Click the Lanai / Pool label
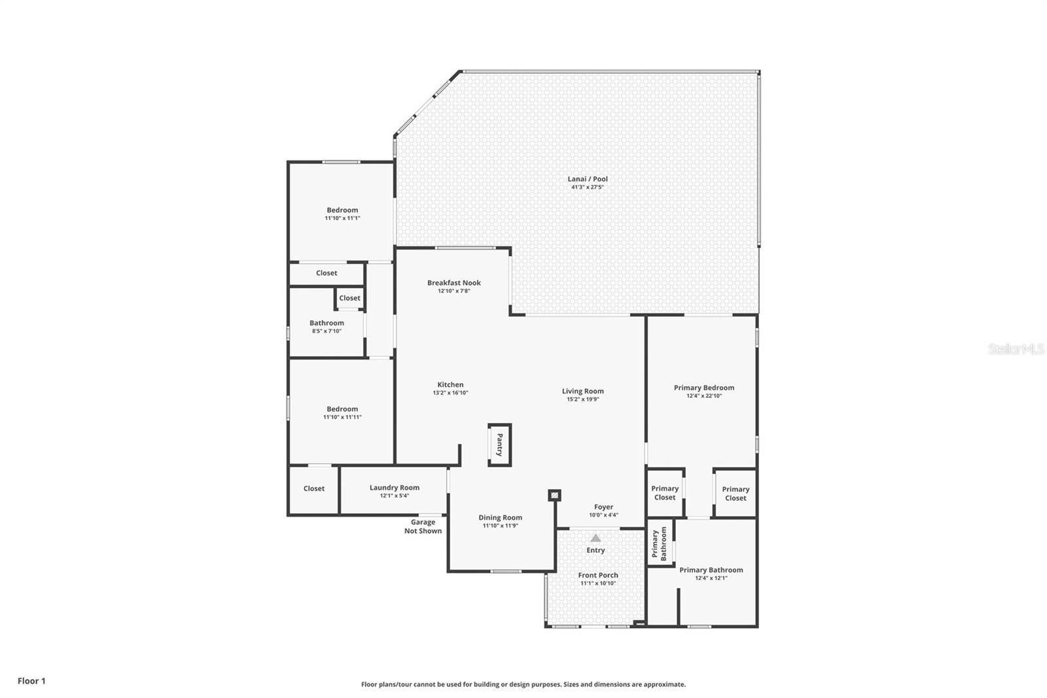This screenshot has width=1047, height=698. pyautogui.click(x=587, y=179)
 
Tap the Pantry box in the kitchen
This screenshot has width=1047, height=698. pyautogui.click(x=499, y=445)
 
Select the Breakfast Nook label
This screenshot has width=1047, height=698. pyautogui.click(x=453, y=283)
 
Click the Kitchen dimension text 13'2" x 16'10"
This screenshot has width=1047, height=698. pyautogui.click(x=450, y=393)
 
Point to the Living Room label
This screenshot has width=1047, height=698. pyautogui.click(x=582, y=391)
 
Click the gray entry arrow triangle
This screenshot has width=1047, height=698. pyautogui.click(x=595, y=538)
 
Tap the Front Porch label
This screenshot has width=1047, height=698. pyautogui.click(x=597, y=575)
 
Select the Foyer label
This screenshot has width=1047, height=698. pyautogui.click(x=603, y=507)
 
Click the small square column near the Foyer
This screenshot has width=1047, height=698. pyautogui.click(x=554, y=495)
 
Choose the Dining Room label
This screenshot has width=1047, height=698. pyautogui.click(x=500, y=517)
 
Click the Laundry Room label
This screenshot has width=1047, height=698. pyautogui.click(x=394, y=487)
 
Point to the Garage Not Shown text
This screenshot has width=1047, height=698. pyautogui.click(x=423, y=526)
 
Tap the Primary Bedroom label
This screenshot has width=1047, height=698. pyautogui.click(x=703, y=388)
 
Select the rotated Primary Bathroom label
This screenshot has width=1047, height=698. pyautogui.click(x=659, y=543)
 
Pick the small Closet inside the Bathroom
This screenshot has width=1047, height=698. pyautogui.click(x=349, y=298)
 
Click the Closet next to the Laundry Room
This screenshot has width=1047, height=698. pyautogui.click(x=313, y=488)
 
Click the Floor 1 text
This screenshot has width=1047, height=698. pyautogui.click(x=31, y=681)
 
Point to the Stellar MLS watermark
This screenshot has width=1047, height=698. pyautogui.click(x=1016, y=350)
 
